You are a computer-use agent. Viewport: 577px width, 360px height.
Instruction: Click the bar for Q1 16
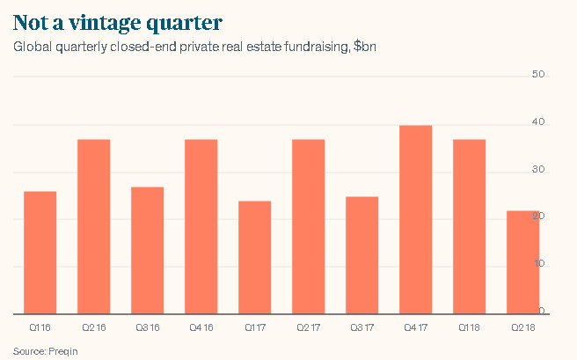40,252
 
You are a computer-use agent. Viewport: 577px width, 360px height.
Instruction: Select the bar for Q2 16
93,226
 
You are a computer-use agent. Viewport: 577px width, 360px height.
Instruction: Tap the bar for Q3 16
147,250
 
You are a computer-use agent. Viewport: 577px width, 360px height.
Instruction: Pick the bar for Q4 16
201,226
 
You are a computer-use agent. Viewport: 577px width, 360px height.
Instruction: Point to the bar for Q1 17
254,257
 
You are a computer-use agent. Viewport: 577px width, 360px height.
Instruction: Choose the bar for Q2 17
308,226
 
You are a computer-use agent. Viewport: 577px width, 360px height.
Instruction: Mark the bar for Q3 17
362,254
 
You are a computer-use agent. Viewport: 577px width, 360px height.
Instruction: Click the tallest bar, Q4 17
415,219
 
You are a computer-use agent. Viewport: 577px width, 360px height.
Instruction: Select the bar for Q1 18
469,226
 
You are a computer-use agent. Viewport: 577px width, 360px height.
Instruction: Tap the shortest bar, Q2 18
522,261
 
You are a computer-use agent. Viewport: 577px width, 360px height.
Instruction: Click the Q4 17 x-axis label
415,327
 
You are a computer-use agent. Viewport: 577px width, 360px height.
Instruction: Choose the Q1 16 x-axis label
40,327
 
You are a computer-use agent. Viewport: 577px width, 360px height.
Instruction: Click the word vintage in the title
115,20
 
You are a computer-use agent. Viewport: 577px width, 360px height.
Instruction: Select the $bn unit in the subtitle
364,46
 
